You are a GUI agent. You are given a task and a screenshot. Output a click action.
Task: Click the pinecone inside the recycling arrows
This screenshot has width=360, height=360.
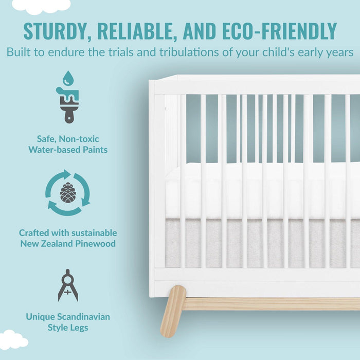pyautogui.click(x=68, y=192)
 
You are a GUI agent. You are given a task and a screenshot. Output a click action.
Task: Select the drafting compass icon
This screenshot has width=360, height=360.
pyautogui.click(x=68, y=285)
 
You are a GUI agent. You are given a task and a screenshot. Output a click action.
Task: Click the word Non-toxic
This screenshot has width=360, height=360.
pyautogui.click(x=80, y=138)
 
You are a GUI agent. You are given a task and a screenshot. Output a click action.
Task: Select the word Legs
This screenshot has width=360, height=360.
pyautogui.click(x=78, y=327)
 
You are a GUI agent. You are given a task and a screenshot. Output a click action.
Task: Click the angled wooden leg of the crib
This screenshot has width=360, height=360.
pyautogui.click(x=172, y=311)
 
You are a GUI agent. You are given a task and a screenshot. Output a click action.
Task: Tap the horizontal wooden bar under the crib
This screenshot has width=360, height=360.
pyautogui.click(x=273, y=303)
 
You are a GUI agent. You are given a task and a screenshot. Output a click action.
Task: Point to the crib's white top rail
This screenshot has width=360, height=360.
pyautogui.click(x=257, y=84)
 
